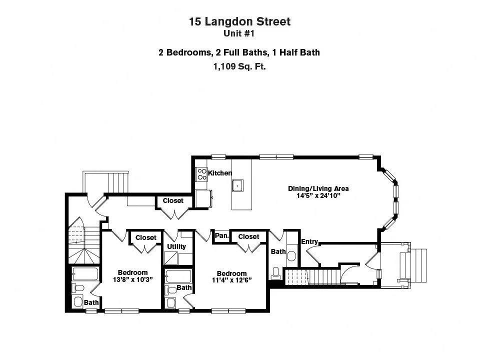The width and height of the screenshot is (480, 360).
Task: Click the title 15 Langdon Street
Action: pyautogui.click(x=239, y=21)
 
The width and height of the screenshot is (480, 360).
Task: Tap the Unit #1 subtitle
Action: pyautogui.click(x=239, y=33)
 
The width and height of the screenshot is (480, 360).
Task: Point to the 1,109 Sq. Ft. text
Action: pyautogui.click(x=239, y=66)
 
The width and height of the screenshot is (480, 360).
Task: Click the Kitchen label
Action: pyautogui.click(x=220, y=173)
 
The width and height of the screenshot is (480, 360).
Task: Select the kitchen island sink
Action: pyautogui.click(x=237, y=185)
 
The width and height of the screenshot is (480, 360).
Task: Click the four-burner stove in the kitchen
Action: pyautogui.click(x=202, y=173)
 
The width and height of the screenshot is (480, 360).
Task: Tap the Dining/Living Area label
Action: pyautogui.click(x=318, y=188)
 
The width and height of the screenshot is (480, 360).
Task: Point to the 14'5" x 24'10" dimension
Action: pyautogui.click(x=318, y=196)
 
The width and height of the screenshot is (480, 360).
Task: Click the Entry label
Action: pyautogui.click(x=309, y=242)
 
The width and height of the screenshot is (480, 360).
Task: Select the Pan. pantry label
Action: pyautogui.click(x=221, y=235)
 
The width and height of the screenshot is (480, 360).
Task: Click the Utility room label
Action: pyautogui.click(x=176, y=246)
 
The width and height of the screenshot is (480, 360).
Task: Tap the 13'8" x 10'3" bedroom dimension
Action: pyautogui.click(x=132, y=280)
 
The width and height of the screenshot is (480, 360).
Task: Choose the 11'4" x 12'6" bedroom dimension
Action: pyautogui.click(x=231, y=280)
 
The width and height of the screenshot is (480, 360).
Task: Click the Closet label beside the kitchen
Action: pyautogui.click(x=173, y=200)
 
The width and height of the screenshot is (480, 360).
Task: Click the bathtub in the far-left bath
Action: pyautogui.click(x=85, y=274)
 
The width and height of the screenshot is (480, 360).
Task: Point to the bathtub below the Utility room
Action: pyautogui.click(x=178, y=276)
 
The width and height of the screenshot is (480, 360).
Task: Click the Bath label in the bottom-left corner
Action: pyautogui.click(x=91, y=302)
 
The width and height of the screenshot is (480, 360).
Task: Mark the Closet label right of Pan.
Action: pyautogui.click(x=248, y=236)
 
